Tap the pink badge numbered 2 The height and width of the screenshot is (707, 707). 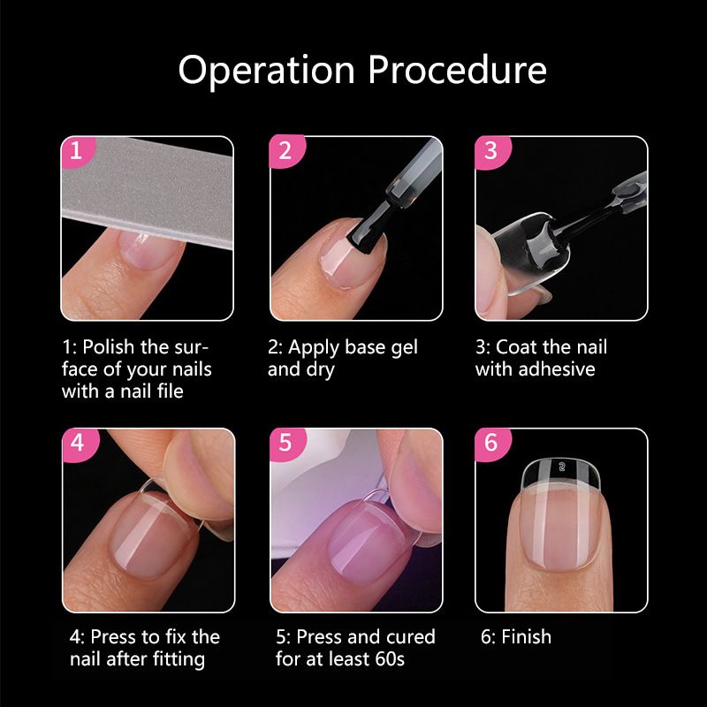click(284, 151)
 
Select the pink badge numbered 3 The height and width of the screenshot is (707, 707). click(490, 151)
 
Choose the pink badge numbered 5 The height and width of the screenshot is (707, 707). click(284, 444)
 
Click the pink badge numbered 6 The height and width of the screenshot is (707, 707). click(490, 444)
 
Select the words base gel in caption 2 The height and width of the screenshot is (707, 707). click(382, 346)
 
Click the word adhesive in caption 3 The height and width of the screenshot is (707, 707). click(536, 369)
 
